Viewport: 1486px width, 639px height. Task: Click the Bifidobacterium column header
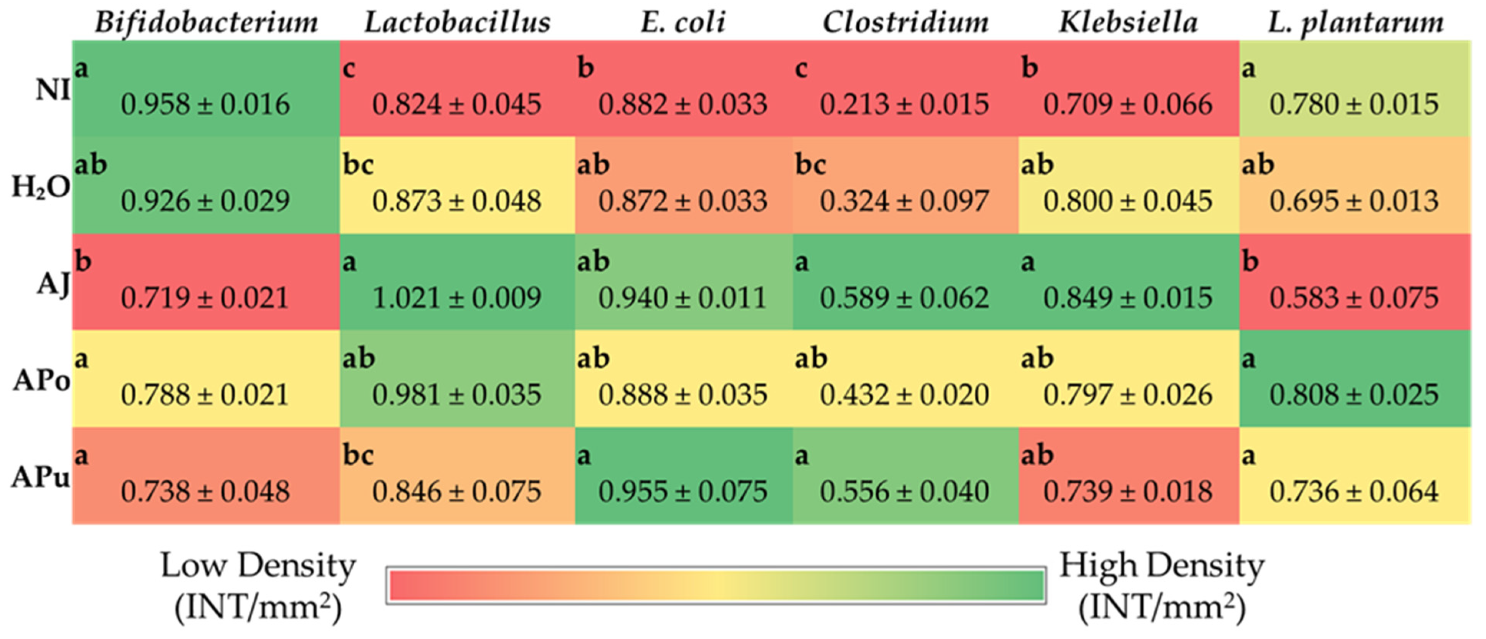click(x=206, y=23)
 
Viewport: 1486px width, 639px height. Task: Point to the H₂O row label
click(x=40, y=186)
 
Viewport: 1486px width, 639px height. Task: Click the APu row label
click(x=40, y=477)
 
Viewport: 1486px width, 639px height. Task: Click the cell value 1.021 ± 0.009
click(x=456, y=298)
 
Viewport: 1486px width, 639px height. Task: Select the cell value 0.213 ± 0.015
click(x=904, y=105)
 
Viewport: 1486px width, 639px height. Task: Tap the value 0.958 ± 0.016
click(x=205, y=105)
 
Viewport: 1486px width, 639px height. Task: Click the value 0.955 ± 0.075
click(x=683, y=492)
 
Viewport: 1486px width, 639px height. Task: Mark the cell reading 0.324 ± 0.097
click(x=904, y=201)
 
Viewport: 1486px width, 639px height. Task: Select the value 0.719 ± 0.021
click(x=205, y=298)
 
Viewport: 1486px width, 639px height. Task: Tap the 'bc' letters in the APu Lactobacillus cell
click(x=358, y=455)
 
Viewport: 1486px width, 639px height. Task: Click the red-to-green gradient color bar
click(x=716, y=585)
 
